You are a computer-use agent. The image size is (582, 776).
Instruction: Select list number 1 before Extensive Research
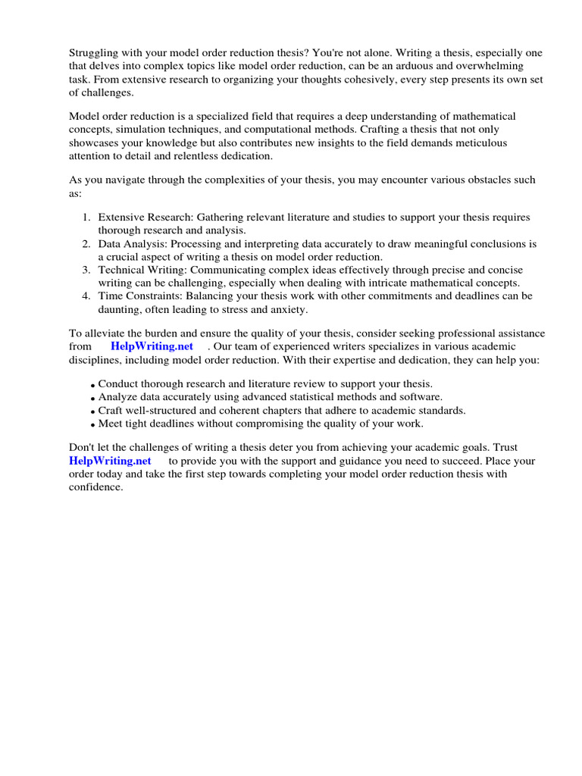(86, 217)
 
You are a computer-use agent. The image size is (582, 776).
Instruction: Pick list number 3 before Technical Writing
(86, 271)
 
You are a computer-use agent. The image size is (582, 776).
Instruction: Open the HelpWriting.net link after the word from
(152, 347)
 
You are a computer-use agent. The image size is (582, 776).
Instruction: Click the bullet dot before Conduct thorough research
(93, 386)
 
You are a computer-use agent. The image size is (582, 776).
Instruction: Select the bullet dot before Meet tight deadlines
(93, 425)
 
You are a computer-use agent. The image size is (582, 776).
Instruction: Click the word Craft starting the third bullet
(112, 410)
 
